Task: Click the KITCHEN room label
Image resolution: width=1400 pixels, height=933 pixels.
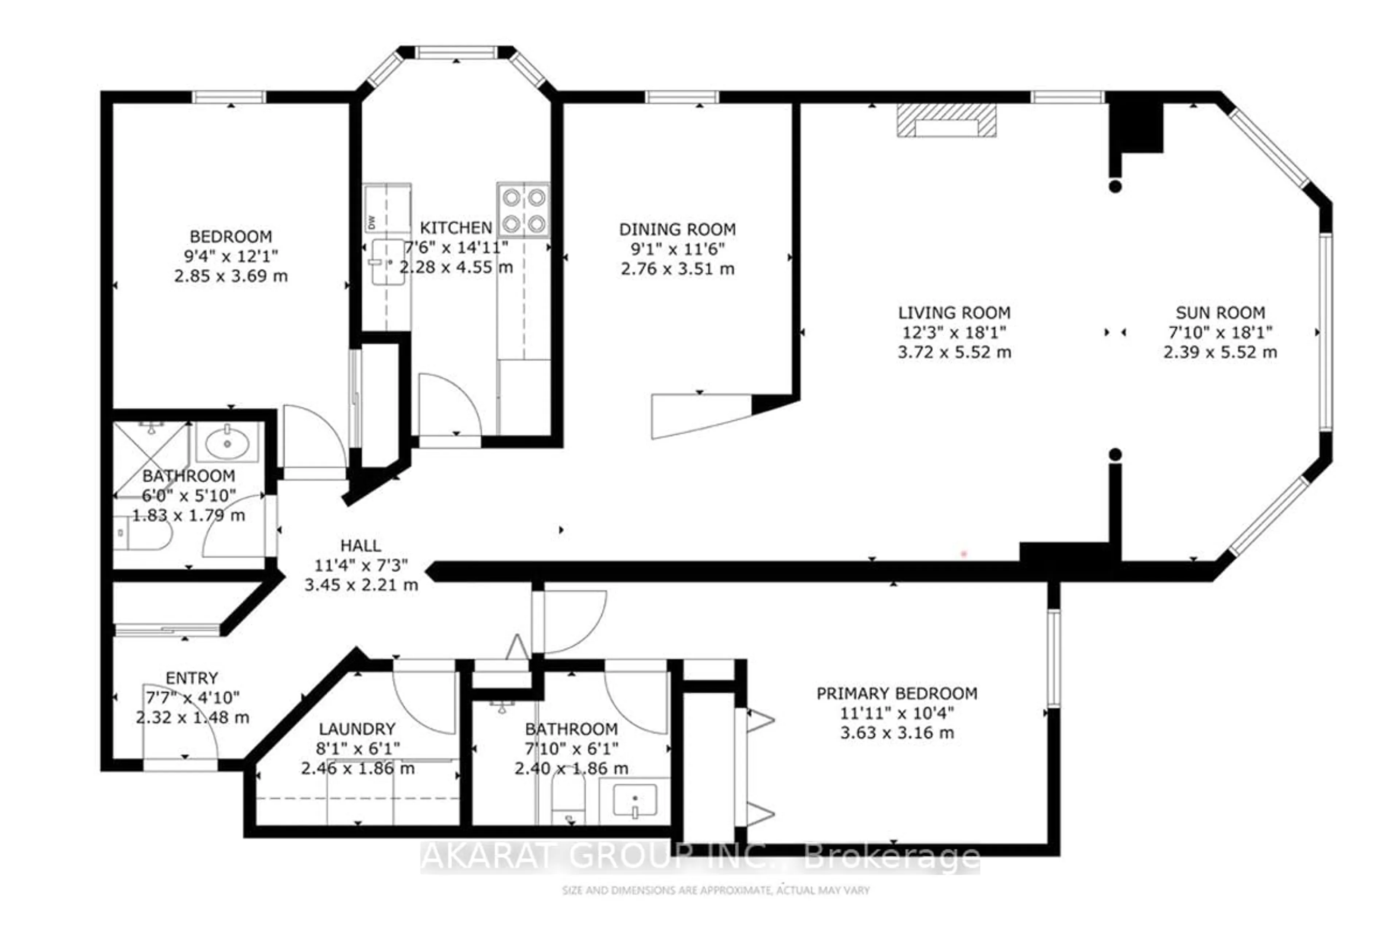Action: [456, 228]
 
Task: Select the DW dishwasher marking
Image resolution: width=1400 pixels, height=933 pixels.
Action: [372, 223]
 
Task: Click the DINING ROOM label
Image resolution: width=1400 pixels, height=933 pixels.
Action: [677, 229]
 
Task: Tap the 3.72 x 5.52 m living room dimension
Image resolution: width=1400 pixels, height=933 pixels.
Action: [954, 352]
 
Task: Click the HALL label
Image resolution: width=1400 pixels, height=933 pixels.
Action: [361, 546]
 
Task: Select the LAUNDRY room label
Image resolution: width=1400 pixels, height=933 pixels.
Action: [357, 729]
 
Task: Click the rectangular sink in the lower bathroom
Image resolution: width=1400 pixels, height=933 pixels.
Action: [635, 800]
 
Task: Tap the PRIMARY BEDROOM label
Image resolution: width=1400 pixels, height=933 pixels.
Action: [897, 694]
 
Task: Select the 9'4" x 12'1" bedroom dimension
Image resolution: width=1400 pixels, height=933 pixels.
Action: [231, 257]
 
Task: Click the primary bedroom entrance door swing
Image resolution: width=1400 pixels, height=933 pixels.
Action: [575, 622]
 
